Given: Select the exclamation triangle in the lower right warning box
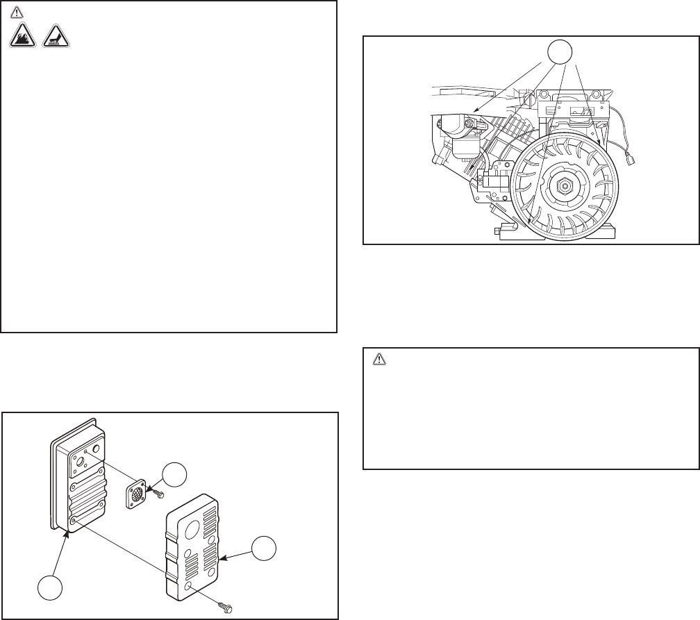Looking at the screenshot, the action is [x=379, y=360].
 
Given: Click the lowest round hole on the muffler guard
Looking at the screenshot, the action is [x=190, y=588].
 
